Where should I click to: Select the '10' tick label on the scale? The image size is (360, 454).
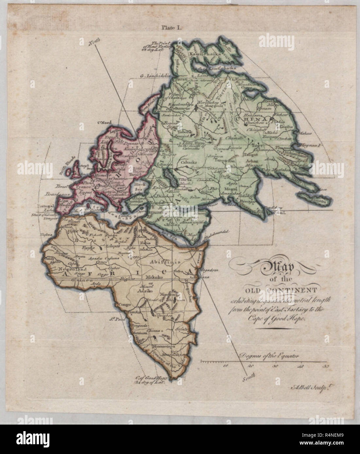tap(225, 366)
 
